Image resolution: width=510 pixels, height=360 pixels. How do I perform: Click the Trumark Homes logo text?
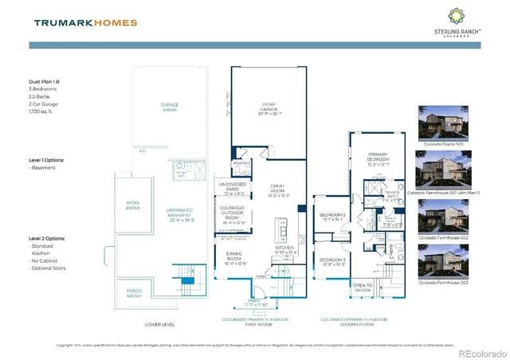(85, 22)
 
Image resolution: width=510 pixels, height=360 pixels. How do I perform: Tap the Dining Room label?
(233, 258)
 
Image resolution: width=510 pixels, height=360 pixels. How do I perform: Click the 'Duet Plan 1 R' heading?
(47, 81)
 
